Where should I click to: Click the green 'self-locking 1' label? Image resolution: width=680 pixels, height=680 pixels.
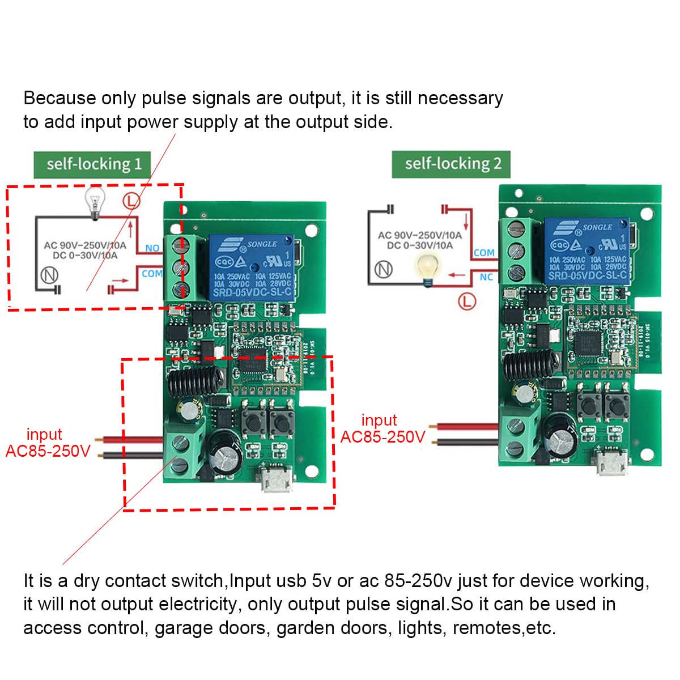click(x=93, y=164)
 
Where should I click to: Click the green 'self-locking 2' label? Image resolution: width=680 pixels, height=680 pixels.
click(x=452, y=164)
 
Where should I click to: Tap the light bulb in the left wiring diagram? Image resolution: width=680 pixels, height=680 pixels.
click(x=95, y=203)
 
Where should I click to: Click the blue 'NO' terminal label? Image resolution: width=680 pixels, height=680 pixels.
click(x=152, y=248)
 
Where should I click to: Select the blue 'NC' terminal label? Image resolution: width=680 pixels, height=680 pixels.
click(x=486, y=277)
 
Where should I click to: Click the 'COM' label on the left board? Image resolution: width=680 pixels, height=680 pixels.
click(x=152, y=274)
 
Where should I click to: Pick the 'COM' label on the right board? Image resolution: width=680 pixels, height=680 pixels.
click(x=484, y=253)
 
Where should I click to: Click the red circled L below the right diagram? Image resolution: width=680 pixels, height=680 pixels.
click(x=466, y=300)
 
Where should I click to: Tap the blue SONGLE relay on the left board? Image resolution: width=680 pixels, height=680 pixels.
click(x=252, y=268)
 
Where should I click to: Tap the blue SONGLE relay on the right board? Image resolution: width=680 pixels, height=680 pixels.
click(x=587, y=251)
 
